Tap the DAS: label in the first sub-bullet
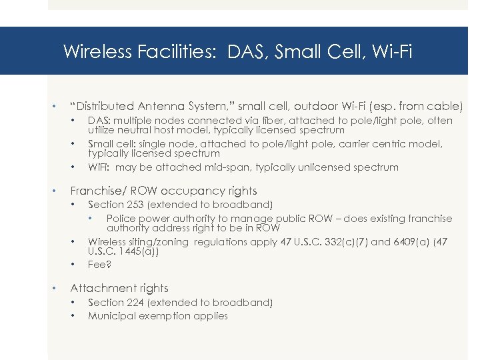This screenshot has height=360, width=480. (x=100, y=121)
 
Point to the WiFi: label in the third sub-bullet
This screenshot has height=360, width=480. (x=100, y=167)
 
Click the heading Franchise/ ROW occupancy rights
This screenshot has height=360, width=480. (x=163, y=191)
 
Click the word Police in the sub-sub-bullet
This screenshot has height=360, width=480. (x=121, y=219)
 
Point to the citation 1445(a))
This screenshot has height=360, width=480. (x=134, y=252)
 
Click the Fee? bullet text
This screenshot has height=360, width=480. (x=99, y=265)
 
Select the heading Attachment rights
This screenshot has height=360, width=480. (x=119, y=288)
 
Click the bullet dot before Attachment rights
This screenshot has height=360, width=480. (x=54, y=289)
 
